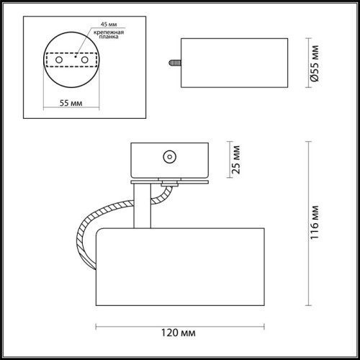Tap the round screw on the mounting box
tap(170, 155)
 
